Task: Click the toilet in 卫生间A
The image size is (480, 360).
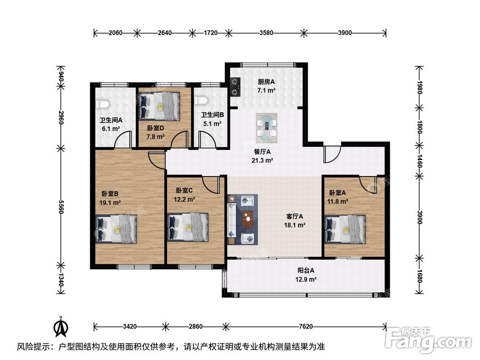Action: tap(103, 104)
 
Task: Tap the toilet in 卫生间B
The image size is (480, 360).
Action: tap(202, 100)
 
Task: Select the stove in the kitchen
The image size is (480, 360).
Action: tap(235, 86)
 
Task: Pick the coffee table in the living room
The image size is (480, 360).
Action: tap(248, 219)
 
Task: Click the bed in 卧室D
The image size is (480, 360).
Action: tap(159, 106)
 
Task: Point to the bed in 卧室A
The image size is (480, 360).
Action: tap(345, 228)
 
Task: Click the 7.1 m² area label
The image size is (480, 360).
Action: tap(266, 90)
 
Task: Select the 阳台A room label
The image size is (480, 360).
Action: tap(306, 271)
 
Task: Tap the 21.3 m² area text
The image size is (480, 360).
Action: tap(262, 160)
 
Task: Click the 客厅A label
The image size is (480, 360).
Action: tap(295, 216)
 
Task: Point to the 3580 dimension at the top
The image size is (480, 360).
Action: tap(266, 33)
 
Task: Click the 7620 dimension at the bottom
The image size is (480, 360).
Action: tap(305, 326)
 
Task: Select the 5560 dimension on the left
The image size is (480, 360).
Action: tap(61, 207)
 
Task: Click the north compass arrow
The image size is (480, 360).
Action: tap(61, 327)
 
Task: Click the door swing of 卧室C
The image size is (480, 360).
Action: tap(211, 185)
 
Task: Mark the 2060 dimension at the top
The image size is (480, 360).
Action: tap(115, 33)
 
